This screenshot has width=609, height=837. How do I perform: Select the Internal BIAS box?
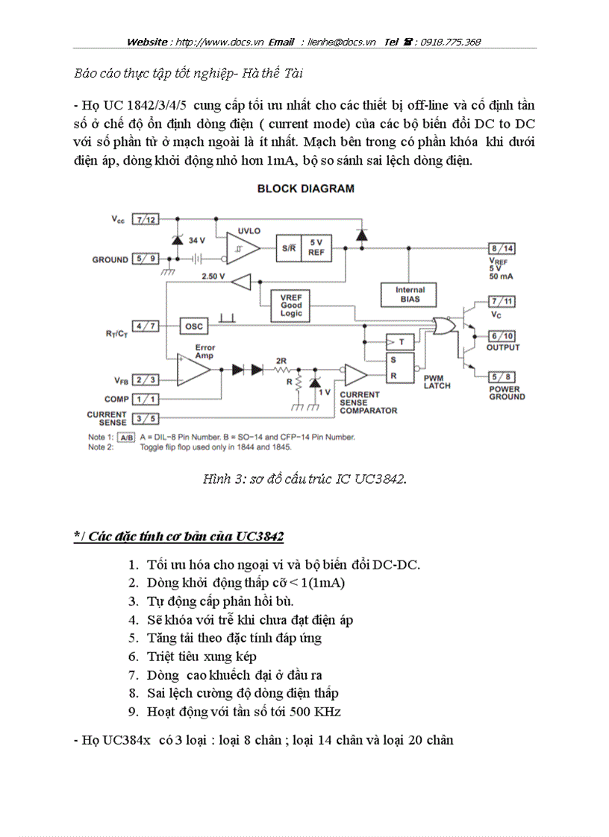pos(409,294)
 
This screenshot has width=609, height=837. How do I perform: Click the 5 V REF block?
pos(316,247)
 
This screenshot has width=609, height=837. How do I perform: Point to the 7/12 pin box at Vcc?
pos(146,219)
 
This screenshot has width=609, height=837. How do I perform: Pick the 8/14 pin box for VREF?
pos(501,248)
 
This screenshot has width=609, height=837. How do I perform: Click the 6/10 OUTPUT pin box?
pos(502,336)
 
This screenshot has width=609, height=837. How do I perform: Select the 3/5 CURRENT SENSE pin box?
pos(146,419)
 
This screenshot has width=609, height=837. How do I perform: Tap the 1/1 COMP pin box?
pos(146,399)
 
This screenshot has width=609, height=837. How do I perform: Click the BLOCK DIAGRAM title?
pos(305,189)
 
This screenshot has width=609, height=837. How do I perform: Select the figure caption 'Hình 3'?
pos(304,478)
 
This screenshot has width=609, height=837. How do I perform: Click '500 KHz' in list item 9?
pos(316,711)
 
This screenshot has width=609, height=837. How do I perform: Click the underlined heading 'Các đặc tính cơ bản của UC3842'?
pos(178,537)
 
